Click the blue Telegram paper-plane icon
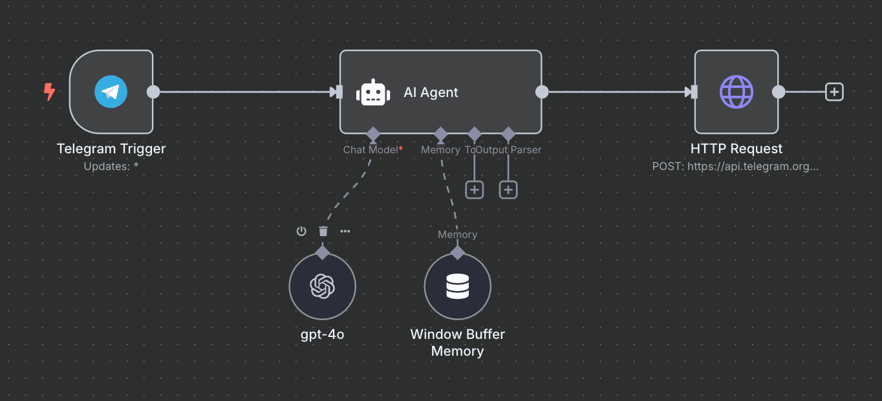click(111, 92)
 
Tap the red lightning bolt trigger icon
click(49, 92)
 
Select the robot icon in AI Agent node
click(373, 92)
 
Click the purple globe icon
click(737, 92)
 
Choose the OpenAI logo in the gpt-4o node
click(322, 286)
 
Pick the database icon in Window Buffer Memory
click(457, 286)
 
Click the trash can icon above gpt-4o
click(323, 231)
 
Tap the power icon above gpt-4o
click(301, 231)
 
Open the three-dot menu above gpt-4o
click(345, 231)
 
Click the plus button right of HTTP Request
click(834, 92)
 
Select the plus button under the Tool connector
click(475, 190)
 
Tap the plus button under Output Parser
click(508, 190)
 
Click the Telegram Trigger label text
click(111, 149)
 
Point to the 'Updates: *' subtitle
click(111, 166)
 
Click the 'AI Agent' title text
click(431, 92)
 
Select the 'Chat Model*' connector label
click(372, 150)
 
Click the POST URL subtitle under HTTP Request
click(736, 166)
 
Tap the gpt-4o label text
click(322, 334)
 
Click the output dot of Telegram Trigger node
click(153, 92)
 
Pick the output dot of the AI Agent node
click(542, 92)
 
